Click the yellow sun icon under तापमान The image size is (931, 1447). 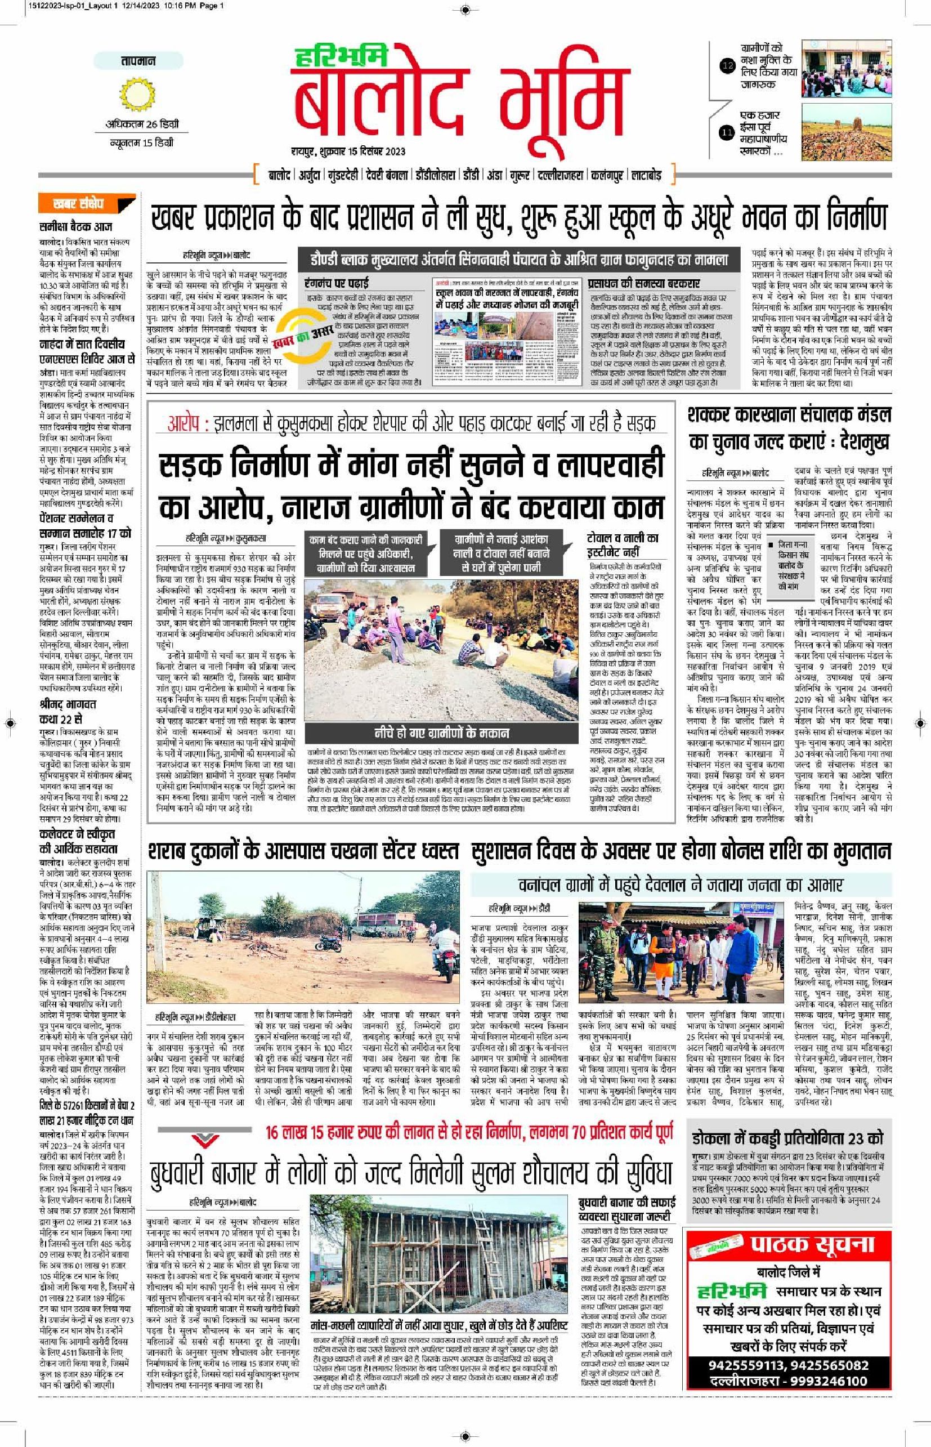pos(138,97)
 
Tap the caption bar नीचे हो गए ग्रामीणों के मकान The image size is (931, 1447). pos(441,733)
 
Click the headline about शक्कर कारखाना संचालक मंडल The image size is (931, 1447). pos(789,428)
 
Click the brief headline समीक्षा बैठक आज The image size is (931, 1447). pos(75,227)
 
